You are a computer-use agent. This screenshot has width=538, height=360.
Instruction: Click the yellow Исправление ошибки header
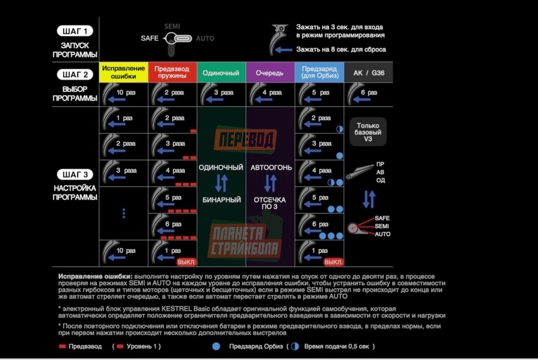(123, 73)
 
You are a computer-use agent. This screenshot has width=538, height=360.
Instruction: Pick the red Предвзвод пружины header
(172, 73)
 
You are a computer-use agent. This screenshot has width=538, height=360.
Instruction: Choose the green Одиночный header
(221, 73)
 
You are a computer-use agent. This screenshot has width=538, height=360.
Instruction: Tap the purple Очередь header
(270, 73)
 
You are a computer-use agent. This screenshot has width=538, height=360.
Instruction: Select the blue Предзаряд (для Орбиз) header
(319, 73)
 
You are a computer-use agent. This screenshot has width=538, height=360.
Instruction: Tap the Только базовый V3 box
(368, 132)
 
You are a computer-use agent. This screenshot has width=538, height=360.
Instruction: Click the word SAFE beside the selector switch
(150, 38)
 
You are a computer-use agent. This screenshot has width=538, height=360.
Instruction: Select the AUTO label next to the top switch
(205, 38)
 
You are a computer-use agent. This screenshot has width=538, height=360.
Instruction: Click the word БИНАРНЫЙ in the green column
(221, 200)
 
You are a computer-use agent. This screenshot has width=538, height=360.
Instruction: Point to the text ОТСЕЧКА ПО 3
(270, 203)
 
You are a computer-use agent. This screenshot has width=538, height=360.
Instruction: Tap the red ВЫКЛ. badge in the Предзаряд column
(334, 261)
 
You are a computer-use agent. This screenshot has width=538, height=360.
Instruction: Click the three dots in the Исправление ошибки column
(124, 213)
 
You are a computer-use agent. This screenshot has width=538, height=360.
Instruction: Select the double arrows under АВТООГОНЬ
(270, 183)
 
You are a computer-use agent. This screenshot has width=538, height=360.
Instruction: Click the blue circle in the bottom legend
(216, 346)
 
